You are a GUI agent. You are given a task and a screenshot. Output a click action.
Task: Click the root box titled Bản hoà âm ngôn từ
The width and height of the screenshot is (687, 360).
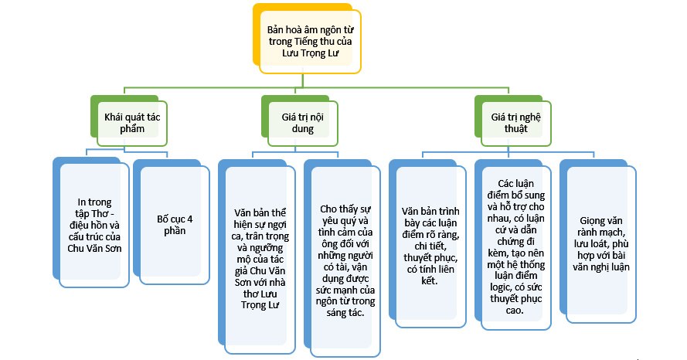pyautogui.click(x=309, y=42)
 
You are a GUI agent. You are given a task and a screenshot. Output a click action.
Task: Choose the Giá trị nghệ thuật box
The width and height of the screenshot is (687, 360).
pyautogui.click(x=515, y=122)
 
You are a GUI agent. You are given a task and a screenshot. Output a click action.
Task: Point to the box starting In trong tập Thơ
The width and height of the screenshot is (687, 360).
pyautogui.click(x=94, y=225)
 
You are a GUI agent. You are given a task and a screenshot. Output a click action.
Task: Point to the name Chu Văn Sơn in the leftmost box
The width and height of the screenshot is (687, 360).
pyautogui.click(x=94, y=248)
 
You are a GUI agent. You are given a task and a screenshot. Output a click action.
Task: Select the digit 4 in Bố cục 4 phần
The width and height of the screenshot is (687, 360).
pyautogui.click(x=189, y=219)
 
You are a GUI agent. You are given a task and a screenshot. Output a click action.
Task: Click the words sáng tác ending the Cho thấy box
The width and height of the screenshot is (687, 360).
pyautogui.click(x=345, y=313)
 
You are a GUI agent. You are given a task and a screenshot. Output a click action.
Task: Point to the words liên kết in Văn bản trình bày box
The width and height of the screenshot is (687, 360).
pyautogui.click(x=430, y=280)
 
